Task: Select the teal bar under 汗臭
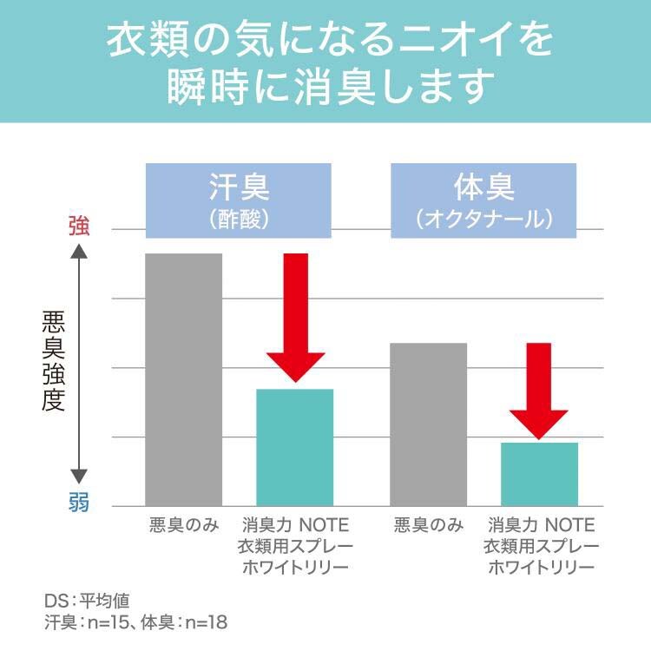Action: (x=295, y=447)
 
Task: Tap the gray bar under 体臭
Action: (x=429, y=424)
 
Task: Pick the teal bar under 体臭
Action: (x=539, y=474)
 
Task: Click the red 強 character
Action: (x=79, y=227)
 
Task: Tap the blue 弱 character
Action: (x=79, y=503)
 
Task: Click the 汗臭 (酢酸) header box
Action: (x=239, y=201)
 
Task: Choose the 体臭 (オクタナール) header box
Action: (x=483, y=201)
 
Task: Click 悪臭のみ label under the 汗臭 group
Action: (x=182, y=525)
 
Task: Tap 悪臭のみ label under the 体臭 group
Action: (x=429, y=525)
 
